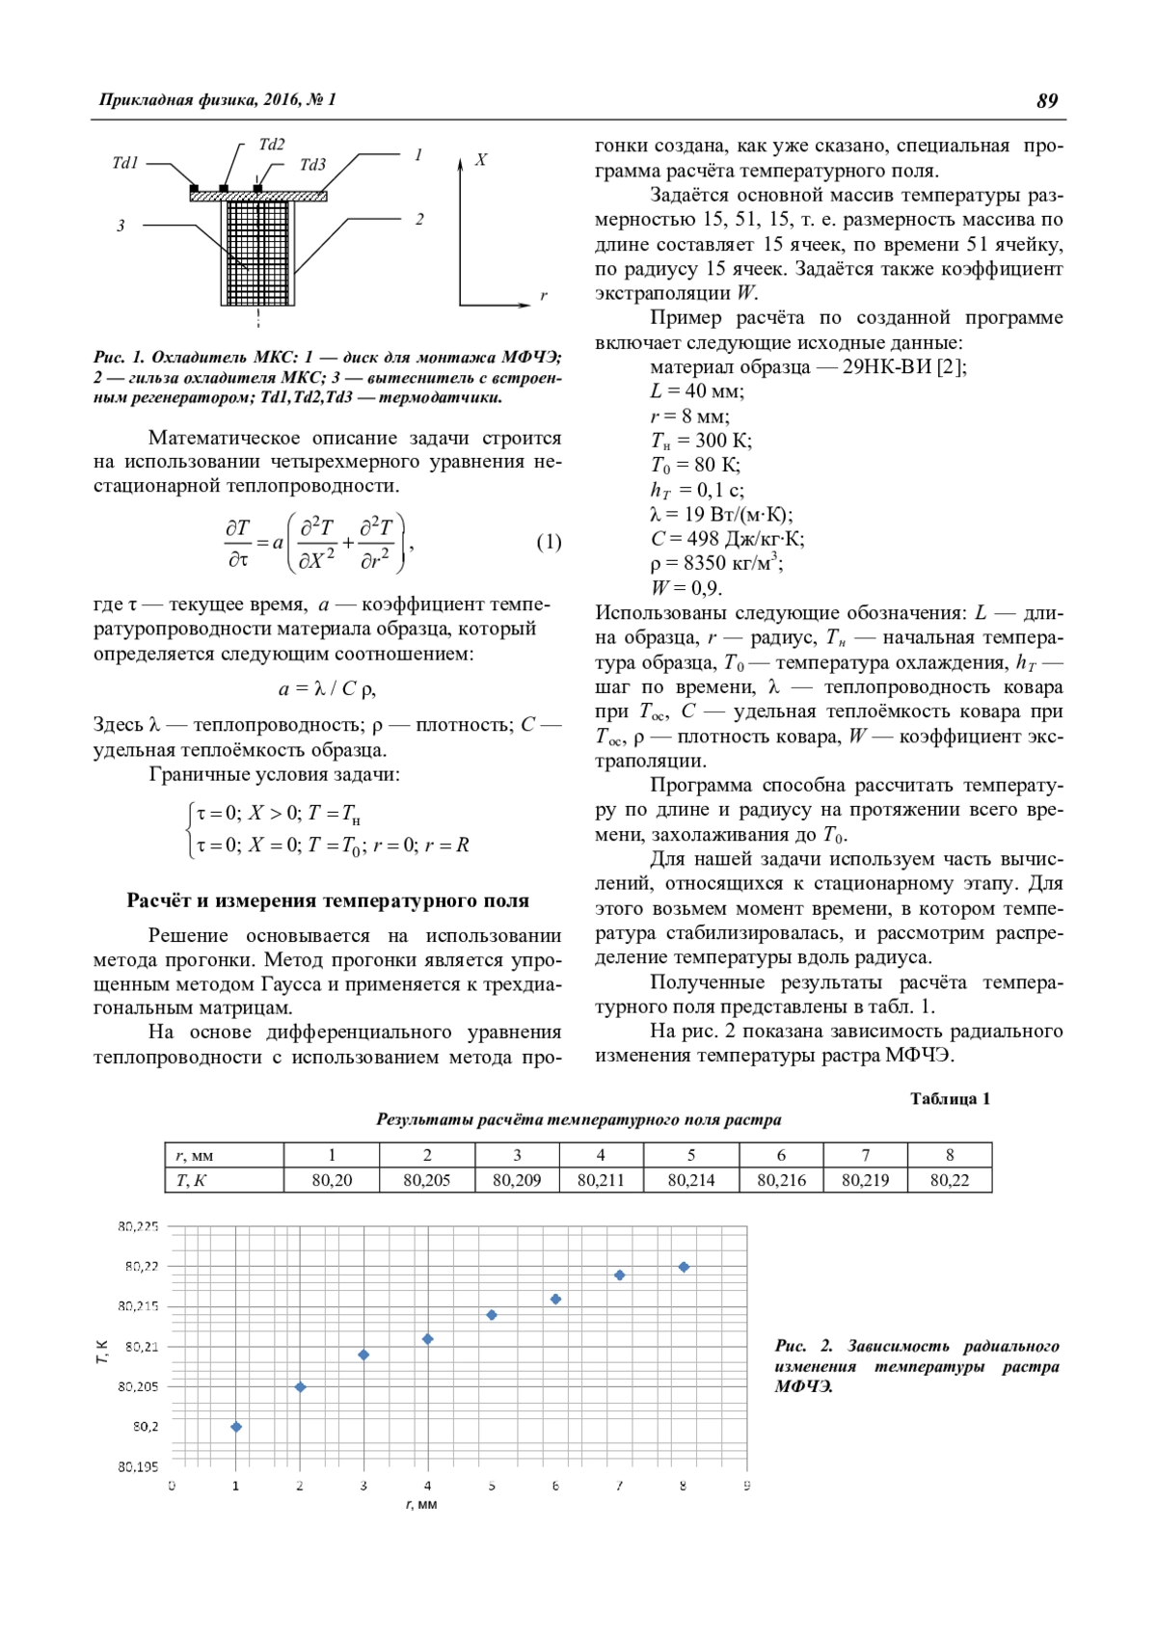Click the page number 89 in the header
coord(1047,100)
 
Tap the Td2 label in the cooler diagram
coord(272,145)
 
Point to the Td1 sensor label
coord(125,163)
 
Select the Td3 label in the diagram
coord(312,165)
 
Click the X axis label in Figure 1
coord(480,160)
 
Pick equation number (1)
coord(549,542)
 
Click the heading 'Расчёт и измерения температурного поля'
coord(328,900)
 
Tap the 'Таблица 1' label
coord(950,1099)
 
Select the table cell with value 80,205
coord(426,1180)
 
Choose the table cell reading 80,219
coord(865,1180)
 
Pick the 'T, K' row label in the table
coord(192,1180)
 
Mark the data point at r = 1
coord(236,1427)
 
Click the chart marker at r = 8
coord(684,1267)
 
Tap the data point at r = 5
coord(492,1315)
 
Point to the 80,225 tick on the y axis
coord(138,1226)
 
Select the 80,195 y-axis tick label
coord(138,1467)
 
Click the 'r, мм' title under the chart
coord(421,1505)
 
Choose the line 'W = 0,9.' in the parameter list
coord(686,588)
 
